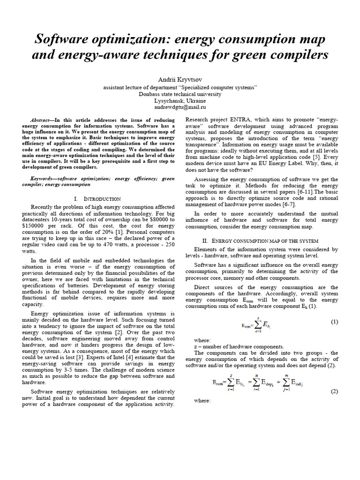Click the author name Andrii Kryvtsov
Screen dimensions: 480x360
180,80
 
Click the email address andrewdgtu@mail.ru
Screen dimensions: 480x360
180,107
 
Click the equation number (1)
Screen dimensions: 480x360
334,322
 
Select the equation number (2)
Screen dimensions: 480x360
334,391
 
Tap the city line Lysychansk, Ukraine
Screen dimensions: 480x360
180,101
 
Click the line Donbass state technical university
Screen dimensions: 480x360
180,94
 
